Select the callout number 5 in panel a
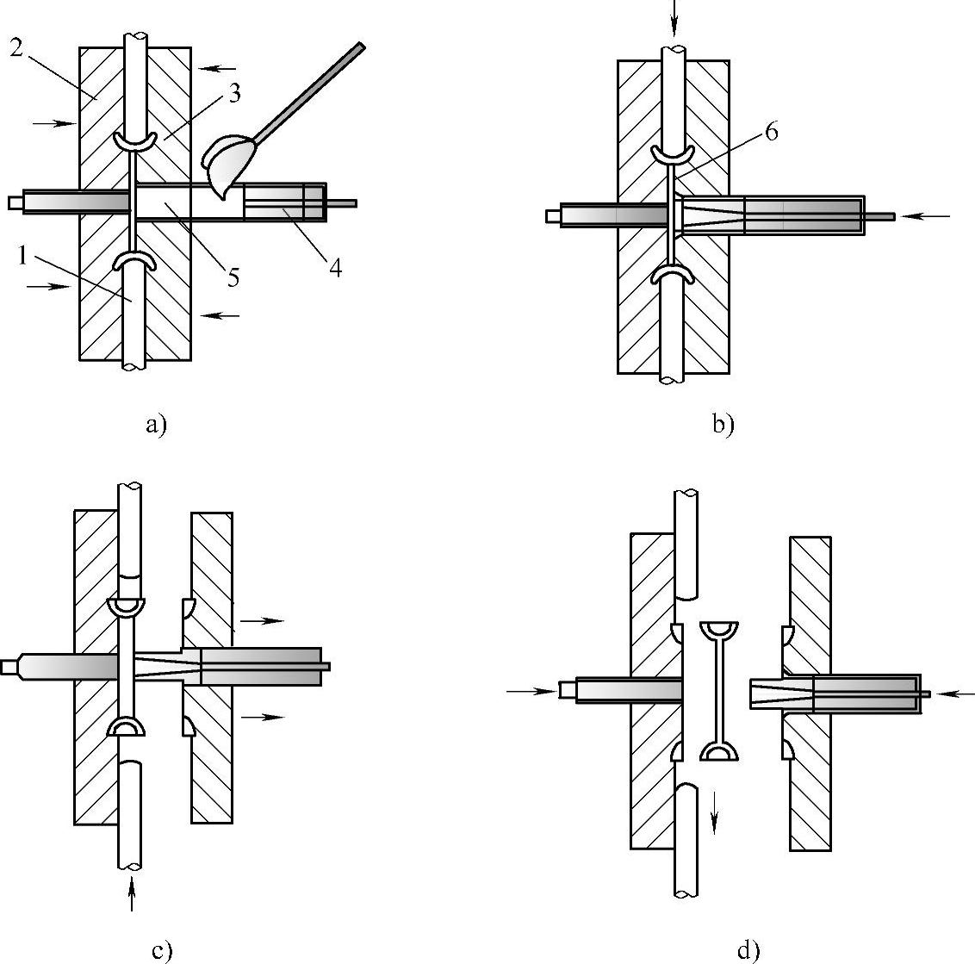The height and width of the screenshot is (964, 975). click(x=233, y=278)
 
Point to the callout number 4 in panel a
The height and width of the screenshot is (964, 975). click(x=335, y=268)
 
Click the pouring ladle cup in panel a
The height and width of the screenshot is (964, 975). click(x=227, y=162)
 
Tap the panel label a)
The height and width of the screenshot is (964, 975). click(x=155, y=425)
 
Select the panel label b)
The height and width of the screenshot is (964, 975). click(x=723, y=425)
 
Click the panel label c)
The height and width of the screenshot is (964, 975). click(x=162, y=950)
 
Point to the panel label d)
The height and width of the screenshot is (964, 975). click(x=748, y=950)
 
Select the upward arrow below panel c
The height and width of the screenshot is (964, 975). click(x=130, y=892)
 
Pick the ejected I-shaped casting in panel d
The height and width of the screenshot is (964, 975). click(x=721, y=689)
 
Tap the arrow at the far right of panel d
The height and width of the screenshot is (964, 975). click(x=957, y=693)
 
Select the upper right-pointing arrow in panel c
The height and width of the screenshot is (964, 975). click(x=262, y=619)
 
